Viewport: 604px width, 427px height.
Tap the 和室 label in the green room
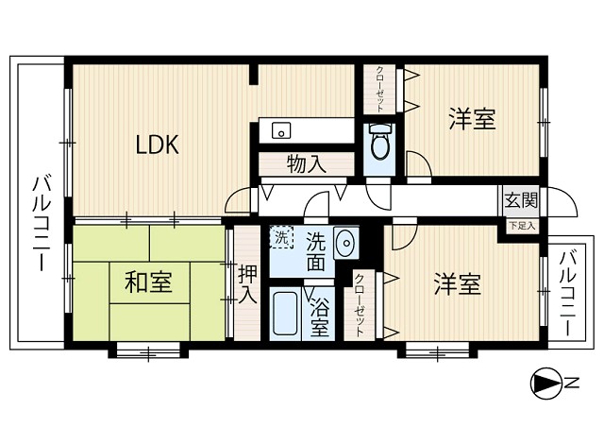[148, 282]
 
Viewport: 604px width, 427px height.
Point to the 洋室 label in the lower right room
[458, 283]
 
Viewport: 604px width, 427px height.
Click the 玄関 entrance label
[520, 200]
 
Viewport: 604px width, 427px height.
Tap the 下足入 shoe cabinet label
[520, 225]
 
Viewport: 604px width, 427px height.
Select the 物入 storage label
[306, 164]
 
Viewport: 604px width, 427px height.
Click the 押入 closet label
[246, 284]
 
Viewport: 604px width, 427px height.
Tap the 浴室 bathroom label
[320, 317]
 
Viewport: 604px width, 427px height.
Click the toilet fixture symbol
[380, 144]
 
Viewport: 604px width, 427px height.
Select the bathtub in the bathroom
[286, 315]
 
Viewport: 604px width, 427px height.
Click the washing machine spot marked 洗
[282, 238]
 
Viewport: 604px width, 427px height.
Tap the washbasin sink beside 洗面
[344, 243]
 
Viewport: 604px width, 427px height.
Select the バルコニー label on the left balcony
[40, 224]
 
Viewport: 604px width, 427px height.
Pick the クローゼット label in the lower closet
[359, 305]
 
